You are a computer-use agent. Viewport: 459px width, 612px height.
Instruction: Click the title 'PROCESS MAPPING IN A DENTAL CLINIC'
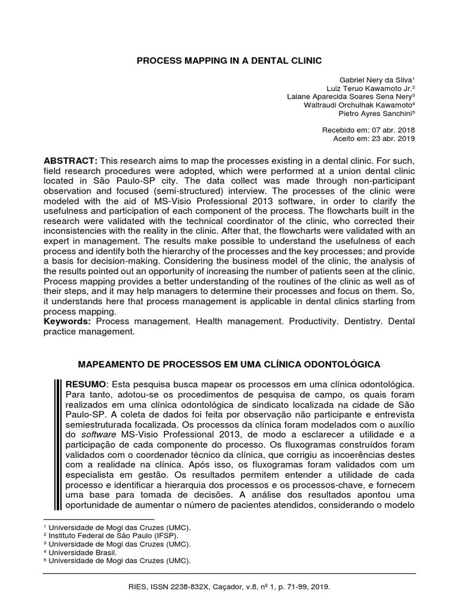(229, 60)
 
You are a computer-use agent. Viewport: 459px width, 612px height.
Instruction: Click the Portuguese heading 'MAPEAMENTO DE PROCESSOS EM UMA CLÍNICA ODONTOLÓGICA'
(230, 364)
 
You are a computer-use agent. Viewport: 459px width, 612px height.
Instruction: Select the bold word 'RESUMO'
(85, 382)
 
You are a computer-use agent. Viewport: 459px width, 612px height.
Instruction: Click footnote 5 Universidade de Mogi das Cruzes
(120, 561)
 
